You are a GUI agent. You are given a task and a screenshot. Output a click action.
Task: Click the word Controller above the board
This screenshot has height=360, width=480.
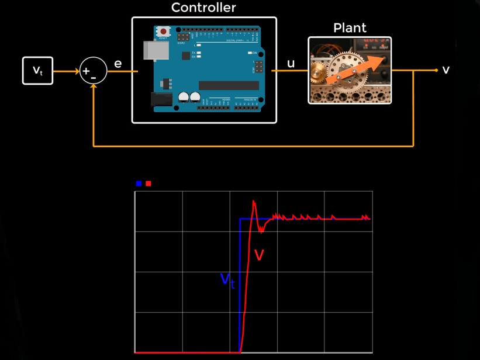point(203,8)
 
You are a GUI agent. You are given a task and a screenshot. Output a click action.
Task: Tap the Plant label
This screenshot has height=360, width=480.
point(350,27)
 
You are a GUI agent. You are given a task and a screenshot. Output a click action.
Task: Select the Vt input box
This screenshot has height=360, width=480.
point(38,71)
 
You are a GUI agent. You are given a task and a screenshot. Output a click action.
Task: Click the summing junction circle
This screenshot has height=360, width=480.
point(93,71)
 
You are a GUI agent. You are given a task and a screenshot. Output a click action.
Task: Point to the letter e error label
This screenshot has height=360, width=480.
point(118,64)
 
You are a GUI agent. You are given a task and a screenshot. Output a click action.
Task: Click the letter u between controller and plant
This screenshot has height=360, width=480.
point(291,63)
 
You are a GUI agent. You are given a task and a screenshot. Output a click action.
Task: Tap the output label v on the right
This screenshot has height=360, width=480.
point(446,70)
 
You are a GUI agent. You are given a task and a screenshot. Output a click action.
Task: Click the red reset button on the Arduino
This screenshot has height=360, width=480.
point(164,32)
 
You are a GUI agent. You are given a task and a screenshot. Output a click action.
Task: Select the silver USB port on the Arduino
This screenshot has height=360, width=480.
point(154,51)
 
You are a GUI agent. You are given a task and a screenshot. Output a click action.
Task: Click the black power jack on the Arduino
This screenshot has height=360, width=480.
point(161,99)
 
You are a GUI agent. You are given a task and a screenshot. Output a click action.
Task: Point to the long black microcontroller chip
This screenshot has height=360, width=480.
point(228,85)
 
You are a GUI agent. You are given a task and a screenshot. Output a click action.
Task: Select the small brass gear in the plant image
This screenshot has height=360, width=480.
point(318,72)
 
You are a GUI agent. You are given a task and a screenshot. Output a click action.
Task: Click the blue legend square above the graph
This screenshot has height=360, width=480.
point(139,184)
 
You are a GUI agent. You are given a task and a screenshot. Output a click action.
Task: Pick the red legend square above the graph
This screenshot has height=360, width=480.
point(149,184)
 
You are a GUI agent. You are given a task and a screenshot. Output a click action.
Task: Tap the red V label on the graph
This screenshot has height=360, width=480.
point(260,255)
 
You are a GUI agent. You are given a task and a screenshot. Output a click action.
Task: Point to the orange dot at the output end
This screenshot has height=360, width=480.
point(436,70)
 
